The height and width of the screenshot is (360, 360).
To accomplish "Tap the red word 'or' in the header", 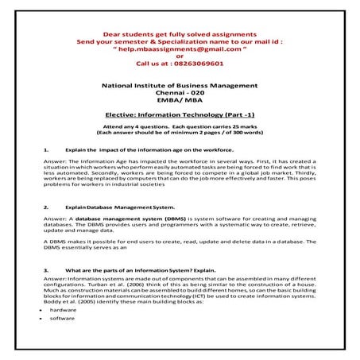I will tap(180, 56).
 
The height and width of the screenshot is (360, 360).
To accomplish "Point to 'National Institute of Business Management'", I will tap(180, 85).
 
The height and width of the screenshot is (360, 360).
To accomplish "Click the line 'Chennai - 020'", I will tap(180, 93).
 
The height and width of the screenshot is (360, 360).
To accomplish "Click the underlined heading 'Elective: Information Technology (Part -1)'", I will tap(180, 115).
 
